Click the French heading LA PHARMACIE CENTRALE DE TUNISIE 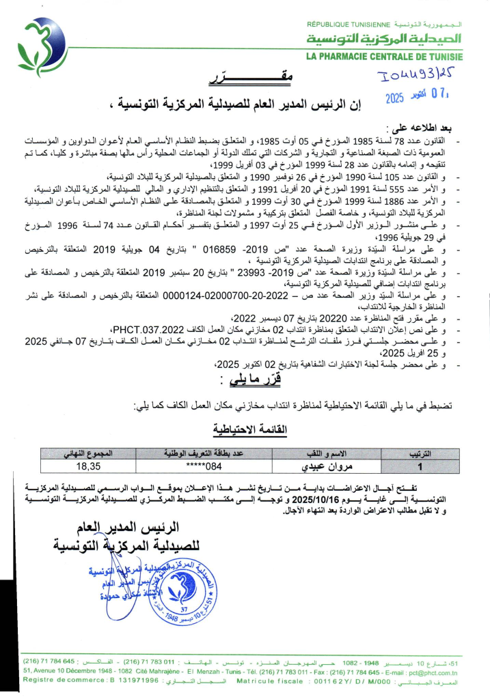(383, 56)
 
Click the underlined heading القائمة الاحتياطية (251, 429)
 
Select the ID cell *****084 (204, 466)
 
